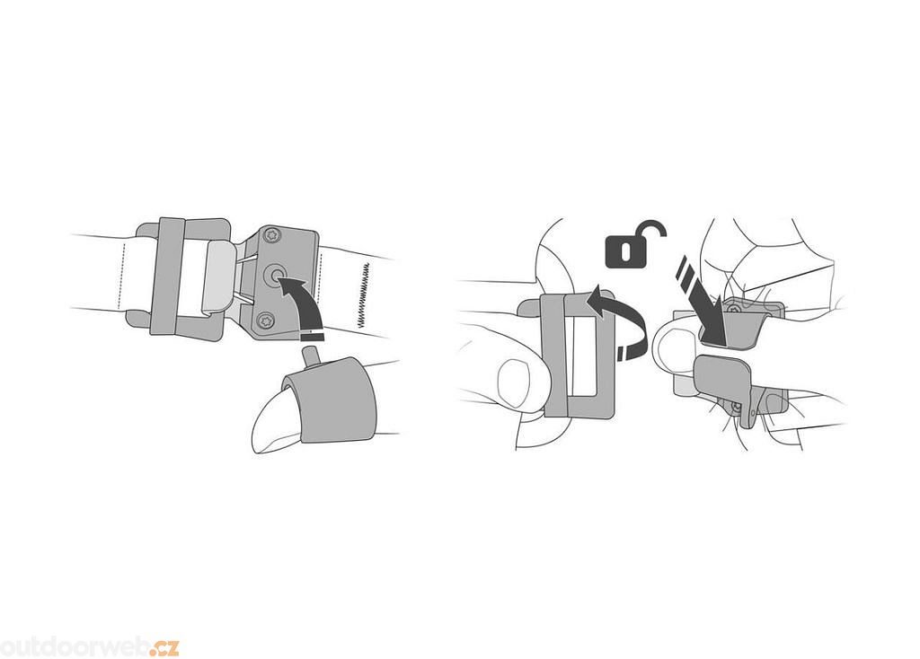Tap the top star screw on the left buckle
(x=271, y=234)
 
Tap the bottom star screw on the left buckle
(x=265, y=321)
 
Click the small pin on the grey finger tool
(x=308, y=356)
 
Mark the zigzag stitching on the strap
(x=364, y=294)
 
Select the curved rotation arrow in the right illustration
(x=619, y=320)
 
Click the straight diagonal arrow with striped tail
(x=704, y=302)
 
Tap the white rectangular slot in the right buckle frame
(x=584, y=357)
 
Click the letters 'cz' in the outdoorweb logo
(x=165, y=648)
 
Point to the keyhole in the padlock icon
(x=625, y=250)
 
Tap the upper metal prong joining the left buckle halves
(x=246, y=259)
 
